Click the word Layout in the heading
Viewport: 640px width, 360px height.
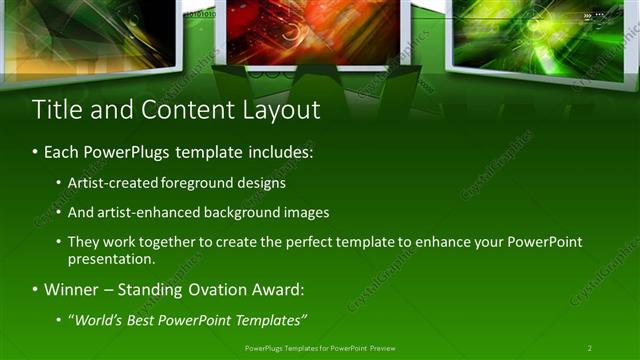click(x=282, y=109)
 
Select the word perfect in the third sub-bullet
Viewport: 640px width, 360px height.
click(x=324, y=243)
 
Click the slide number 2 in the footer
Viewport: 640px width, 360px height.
click(x=589, y=347)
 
